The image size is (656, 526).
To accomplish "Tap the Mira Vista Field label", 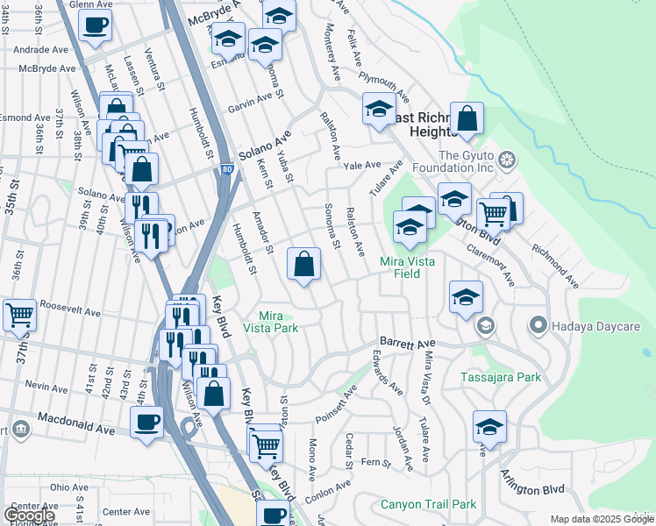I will pos(412,267).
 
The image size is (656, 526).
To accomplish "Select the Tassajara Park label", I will pos(501,378).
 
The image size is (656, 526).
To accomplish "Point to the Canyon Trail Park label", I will pos(428,504).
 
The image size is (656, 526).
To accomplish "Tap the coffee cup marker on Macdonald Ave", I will pos(146,422).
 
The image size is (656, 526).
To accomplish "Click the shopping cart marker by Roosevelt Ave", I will pos(18,314).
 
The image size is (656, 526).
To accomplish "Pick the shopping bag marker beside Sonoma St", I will pos(303,263).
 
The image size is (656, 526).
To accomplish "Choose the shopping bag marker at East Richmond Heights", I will pos(467,118).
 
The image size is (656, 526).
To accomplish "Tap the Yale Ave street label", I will pos(362,165).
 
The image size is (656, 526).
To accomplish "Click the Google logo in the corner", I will pos(29,515).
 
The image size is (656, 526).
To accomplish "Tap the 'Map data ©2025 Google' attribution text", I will pos(601,519).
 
